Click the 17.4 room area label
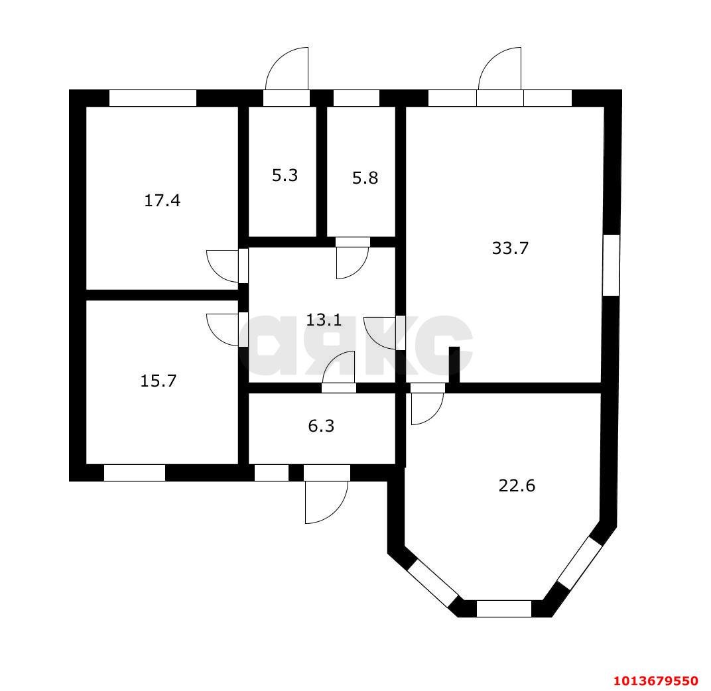tap(162, 200)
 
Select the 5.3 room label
tap(285, 176)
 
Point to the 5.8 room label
tap(365, 178)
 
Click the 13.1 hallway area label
tap(324, 320)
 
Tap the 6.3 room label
tap(321, 426)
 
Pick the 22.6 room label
tap(517, 486)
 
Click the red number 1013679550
tap(655, 681)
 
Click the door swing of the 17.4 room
tap(222, 264)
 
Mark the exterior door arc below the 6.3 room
tap(326, 502)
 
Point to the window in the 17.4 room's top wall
tap(153, 98)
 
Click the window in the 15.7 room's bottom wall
tap(134, 473)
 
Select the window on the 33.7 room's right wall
tap(611, 265)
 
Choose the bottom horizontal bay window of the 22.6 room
tap(504, 608)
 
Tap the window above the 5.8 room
tap(355, 98)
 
